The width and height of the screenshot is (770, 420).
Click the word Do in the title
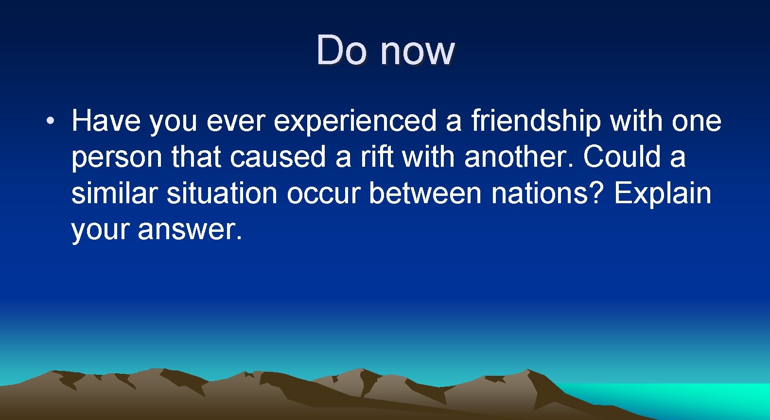tap(341, 50)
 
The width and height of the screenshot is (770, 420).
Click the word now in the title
tap(417, 51)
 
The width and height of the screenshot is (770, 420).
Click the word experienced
tap(355, 122)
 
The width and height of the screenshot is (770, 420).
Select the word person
tap(117, 158)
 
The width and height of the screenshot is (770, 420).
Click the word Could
tap(622, 157)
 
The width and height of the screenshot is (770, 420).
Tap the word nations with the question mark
tap(547, 193)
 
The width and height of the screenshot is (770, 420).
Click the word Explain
tap(662, 194)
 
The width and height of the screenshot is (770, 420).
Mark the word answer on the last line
tap(190, 229)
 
